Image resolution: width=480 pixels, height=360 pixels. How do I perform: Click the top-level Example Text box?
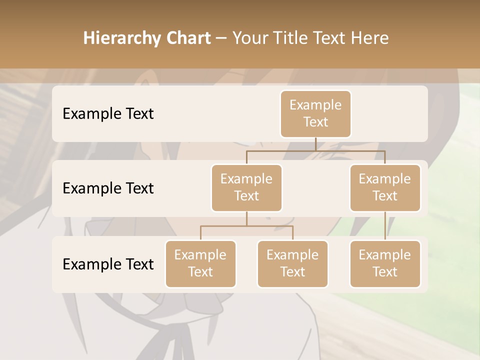(315, 113)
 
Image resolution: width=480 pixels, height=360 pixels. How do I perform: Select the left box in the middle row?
(246, 187)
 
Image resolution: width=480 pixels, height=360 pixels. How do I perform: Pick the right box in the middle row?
(385, 187)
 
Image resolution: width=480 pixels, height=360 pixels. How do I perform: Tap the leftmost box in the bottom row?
(200, 263)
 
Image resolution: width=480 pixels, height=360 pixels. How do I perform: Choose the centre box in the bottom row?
(292, 263)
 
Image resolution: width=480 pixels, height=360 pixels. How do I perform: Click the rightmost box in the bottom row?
(385, 263)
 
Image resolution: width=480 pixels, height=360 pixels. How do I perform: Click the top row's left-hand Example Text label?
(108, 113)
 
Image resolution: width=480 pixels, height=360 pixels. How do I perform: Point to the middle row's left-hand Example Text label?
(108, 188)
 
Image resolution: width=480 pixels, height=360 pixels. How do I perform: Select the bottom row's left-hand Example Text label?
(108, 264)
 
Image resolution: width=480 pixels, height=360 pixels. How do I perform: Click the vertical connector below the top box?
(315, 144)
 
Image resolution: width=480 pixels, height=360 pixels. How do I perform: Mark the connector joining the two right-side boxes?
(385, 226)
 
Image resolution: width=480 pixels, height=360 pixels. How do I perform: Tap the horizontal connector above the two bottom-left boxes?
(246, 226)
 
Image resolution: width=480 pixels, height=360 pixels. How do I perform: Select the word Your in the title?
(249, 38)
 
